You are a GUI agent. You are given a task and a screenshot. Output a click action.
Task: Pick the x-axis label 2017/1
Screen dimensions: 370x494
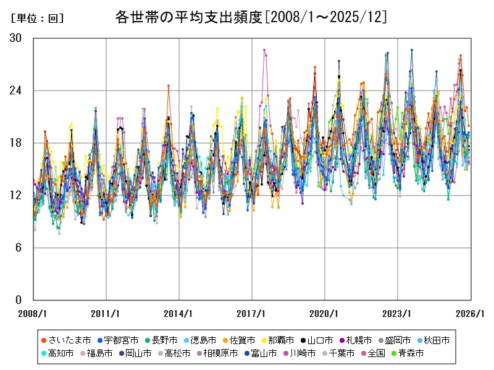[x=251, y=313]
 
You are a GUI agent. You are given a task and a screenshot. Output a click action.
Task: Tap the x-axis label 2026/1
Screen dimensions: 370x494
[x=471, y=313]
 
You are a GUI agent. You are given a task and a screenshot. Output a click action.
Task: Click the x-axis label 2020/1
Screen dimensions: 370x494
[x=325, y=313]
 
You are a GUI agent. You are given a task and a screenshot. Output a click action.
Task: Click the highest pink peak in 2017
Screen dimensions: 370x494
[x=264, y=50]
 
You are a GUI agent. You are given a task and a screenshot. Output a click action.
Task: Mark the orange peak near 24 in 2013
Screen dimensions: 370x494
[x=168, y=86]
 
